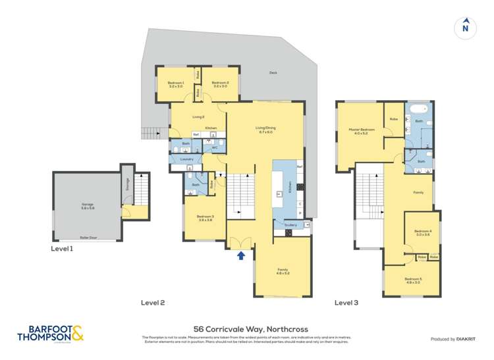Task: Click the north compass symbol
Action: [x=466, y=28]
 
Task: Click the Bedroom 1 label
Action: [x=175, y=84]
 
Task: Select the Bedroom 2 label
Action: [x=219, y=84]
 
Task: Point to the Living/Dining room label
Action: [x=265, y=129]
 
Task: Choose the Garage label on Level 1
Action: [x=88, y=206]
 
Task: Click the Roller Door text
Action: [x=88, y=237]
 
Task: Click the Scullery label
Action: [x=290, y=225]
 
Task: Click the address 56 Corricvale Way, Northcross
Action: [x=246, y=329]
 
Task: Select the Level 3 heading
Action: [x=346, y=303]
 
